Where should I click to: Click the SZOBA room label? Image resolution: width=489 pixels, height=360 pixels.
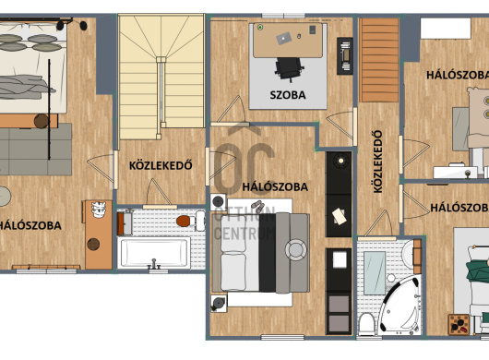pyautogui.click(x=288, y=95)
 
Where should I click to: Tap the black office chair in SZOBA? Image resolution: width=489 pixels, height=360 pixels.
pyautogui.click(x=289, y=69)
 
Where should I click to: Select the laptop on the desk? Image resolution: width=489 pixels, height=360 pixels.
pyautogui.click(x=284, y=39)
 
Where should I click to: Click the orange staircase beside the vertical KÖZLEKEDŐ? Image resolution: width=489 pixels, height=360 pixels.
pyautogui.click(x=379, y=60)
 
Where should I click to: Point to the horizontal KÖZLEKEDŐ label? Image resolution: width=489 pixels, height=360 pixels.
pyautogui.click(x=161, y=165)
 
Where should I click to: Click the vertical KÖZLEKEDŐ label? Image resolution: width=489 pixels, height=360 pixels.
pyautogui.click(x=377, y=162)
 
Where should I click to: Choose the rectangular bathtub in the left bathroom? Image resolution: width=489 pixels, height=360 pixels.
pyautogui.click(x=154, y=253)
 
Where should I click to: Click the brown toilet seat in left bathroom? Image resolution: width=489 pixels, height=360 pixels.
pyautogui.click(x=184, y=221)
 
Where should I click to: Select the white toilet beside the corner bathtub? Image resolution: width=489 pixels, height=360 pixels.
pyautogui.click(x=366, y=324)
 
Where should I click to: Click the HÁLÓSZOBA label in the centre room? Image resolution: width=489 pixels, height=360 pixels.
pyautogui.click(x=275, y=186)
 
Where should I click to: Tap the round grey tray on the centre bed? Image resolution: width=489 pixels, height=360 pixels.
pyautogui.click(x=295, y=249)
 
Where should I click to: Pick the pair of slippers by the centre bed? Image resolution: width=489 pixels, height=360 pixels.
pyautogui.click(x=258, y=206)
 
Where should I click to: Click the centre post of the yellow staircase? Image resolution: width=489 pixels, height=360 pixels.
pyautogui.click(x=161, y=60)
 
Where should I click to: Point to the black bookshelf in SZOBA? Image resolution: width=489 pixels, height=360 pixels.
pyautogui.click(x=345, y=56)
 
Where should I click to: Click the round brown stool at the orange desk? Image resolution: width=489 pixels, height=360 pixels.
pyautogui.click(x=93, y=245)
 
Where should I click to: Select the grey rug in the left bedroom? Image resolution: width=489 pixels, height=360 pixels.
pyautogui.click(x=35, y=150)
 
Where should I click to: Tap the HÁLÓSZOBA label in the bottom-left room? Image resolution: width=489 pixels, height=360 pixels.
pyautogui.click(x=30, y=225)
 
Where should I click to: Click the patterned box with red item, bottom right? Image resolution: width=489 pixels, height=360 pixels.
pyautogui.click(x=459, y=324)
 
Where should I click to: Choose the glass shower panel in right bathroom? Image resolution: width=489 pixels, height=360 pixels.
pyautogui.click(x=375, y=273)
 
